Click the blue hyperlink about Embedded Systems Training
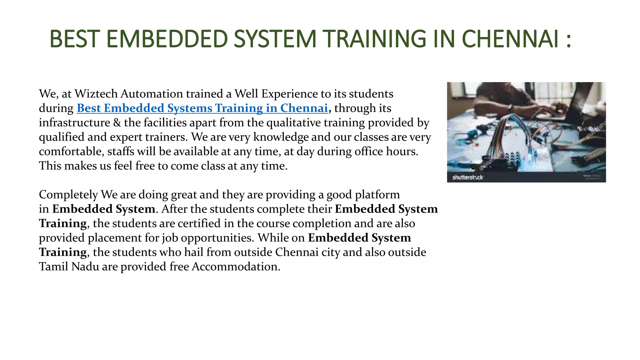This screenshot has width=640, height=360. click(202, 108)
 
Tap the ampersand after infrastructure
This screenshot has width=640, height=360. click(117, 122)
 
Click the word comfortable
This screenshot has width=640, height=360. click(71, 151)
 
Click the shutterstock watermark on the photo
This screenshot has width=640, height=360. click(467, 177)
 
